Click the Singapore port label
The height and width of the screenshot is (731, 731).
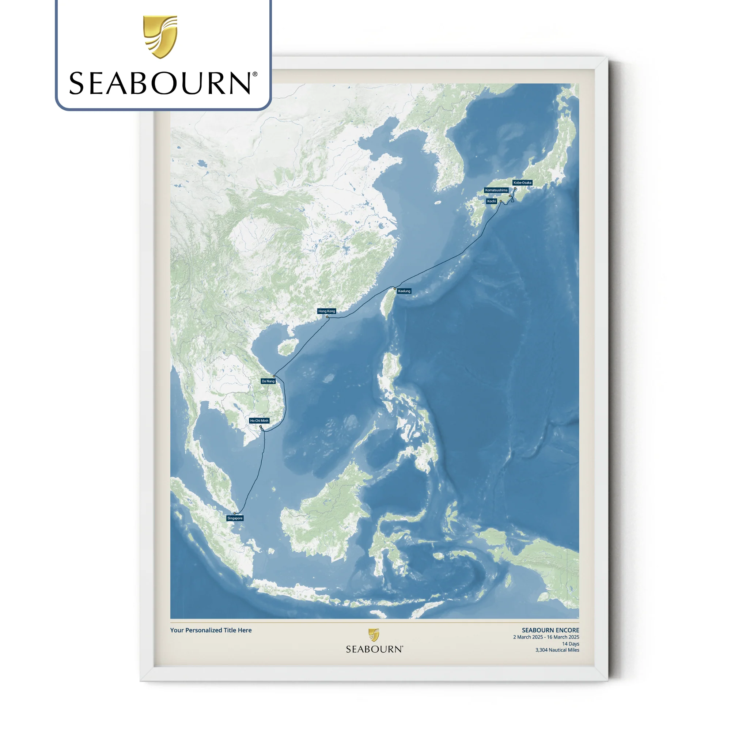(x=235, y=518)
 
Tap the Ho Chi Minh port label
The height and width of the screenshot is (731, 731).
(x=259, y=421)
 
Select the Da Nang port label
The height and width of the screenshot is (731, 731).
(x=268, y=381)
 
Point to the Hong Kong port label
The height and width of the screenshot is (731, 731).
(x=326, y=311)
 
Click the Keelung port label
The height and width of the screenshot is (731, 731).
(x=404, y=291)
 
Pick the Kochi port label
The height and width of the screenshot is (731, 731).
(x=492, y=201)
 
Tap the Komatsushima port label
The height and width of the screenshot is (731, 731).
(x=496, y=190)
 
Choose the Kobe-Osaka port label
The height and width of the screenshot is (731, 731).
(x=523, y=183)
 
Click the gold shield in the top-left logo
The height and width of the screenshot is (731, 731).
(x=160, y=37)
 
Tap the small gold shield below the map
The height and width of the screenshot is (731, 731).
(x=374, y=635)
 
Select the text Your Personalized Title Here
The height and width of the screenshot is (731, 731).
(x=211, y=630)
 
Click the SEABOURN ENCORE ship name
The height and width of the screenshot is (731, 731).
(x=550, y=630)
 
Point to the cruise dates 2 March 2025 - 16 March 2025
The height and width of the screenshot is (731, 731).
(x=546, y=637)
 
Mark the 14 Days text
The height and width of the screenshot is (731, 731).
(x=570, y=644)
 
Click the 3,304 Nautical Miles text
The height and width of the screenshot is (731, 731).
(x=557, y=650)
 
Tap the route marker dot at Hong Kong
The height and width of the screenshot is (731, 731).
(x=327, y=317)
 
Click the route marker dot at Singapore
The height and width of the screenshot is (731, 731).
(x=235, y=514)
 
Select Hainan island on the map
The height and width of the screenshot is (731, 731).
(x=287, y=347)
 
